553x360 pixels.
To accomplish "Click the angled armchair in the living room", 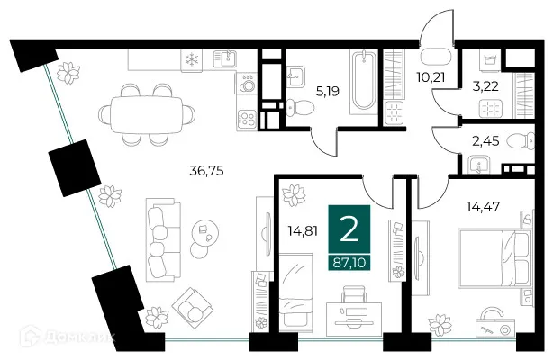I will click(x=194, y=305).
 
